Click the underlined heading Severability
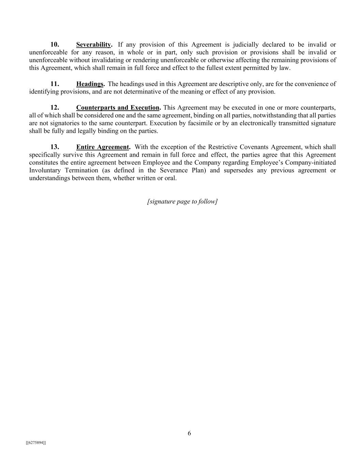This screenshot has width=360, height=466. [94, 45]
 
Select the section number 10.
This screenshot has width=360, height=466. [55, 45]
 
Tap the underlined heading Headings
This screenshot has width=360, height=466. [90, 84]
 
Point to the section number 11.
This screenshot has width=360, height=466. [55, 84]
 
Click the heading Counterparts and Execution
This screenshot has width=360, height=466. [118, 108]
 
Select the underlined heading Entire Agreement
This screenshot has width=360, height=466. [103, 147]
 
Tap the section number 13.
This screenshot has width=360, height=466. [55, 147]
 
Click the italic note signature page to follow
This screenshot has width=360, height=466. [182, 201]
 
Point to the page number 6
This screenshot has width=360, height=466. [189, 434]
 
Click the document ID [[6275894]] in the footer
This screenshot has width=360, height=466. [36, 443]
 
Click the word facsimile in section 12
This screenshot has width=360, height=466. [200, 123]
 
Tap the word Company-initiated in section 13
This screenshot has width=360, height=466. [311, 163]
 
